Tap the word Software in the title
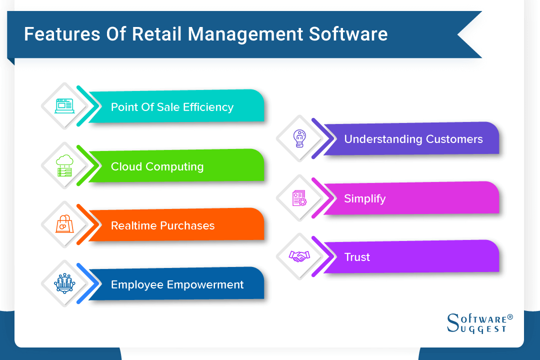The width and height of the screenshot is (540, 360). click(x=348, y=34)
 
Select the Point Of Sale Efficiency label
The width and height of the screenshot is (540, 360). click(x=172, y=107)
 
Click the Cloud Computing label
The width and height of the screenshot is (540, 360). click(x=157, y=166)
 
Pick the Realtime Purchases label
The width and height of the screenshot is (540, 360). click(x=162, y=225)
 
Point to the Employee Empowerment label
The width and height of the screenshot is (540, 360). click(x=177, y=284)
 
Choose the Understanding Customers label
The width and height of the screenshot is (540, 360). click(x=413, y=139)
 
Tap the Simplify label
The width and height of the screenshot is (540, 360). click(x=364, y=198)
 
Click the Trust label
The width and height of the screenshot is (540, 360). click(x=357, y=257)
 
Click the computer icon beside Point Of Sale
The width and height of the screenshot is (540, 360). click(x=64, y=106)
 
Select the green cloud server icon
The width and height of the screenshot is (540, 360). click(x=64, y=165)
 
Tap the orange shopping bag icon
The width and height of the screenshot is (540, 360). click(x=64, y=224)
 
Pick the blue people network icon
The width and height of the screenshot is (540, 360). click(x=64, y=283)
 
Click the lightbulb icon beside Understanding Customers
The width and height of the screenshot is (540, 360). click(x=299, y=138)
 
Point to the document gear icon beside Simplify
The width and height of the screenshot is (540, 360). click(x=299, y=197)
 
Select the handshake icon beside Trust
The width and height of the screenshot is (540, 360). click(x=299, y=256)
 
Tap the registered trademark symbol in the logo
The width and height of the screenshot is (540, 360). click(x=509, y=317)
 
